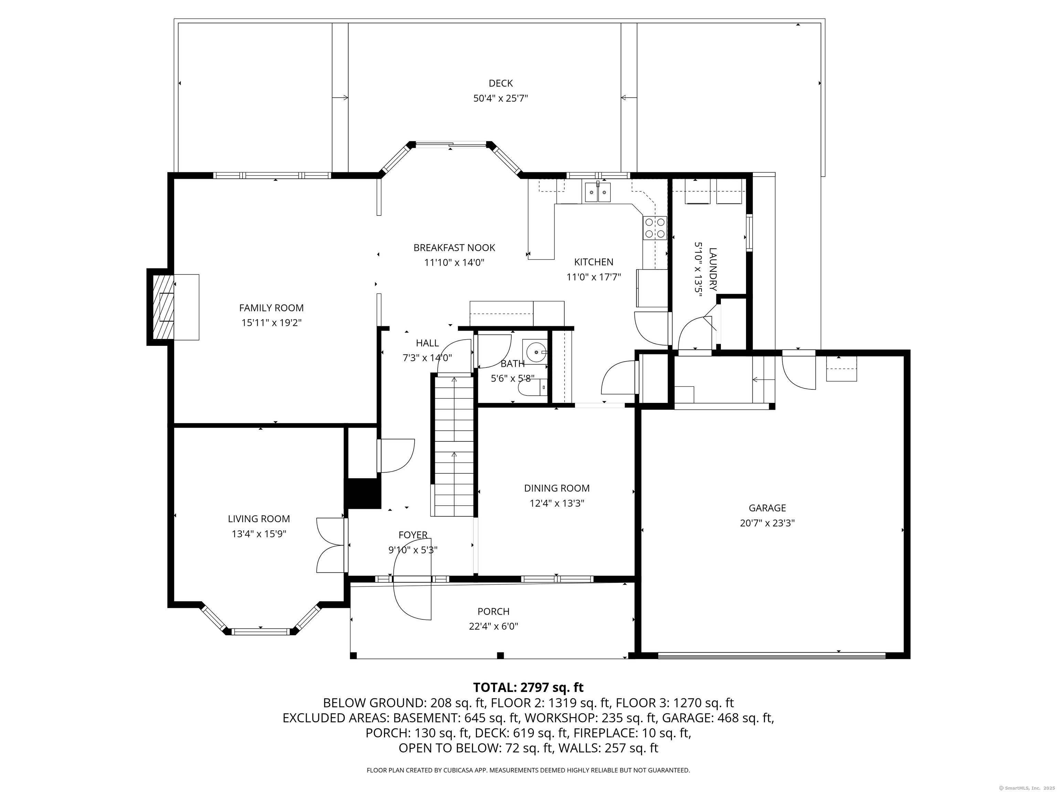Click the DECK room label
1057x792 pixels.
coord(500,84)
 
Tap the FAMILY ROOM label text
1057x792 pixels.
coord(271,308)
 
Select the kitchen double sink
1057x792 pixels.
coord(598,192)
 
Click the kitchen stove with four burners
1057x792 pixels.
coord(655,227)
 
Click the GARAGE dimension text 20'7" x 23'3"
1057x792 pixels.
coord(767,523)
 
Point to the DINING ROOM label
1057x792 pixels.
coord(557,488)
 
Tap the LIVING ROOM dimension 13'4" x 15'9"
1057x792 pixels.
coord(259,534)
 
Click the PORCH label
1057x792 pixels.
coord(493,611)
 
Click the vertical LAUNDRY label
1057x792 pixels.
coord(713,269)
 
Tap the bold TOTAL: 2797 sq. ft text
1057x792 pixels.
coord(528,687)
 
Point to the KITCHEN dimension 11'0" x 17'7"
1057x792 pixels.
coord(594,277)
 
